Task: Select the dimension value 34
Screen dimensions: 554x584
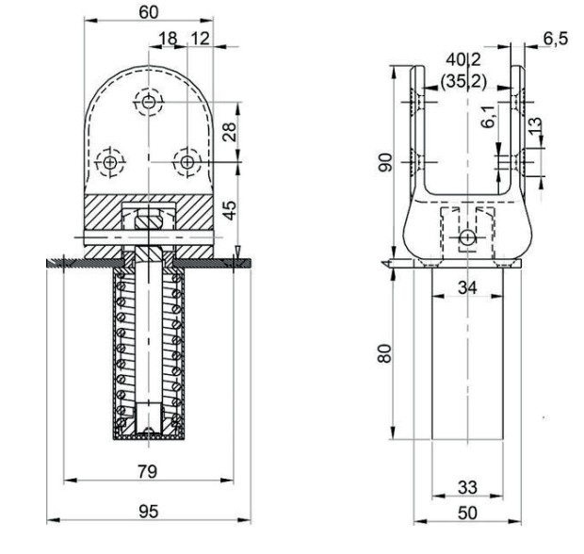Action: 467,285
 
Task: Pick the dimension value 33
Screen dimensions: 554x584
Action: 467,487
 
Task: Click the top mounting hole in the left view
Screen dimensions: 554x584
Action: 148,100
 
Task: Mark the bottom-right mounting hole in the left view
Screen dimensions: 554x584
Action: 187,162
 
